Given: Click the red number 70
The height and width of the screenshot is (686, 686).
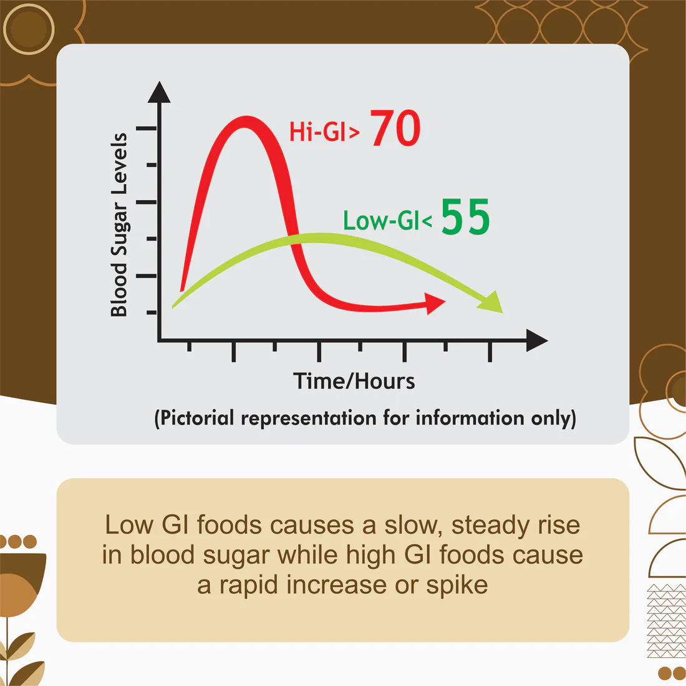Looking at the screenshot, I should pos(396,129).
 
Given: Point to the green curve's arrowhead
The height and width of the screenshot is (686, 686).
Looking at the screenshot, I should pos(492,302).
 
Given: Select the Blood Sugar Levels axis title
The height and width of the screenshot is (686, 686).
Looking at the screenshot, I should pos(118,225).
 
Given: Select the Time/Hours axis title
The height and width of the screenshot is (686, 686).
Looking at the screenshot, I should pos(354,381).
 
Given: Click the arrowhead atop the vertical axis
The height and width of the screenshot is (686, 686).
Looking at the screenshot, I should pos(160,92).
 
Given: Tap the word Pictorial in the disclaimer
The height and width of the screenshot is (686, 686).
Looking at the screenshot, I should pos(198,418).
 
